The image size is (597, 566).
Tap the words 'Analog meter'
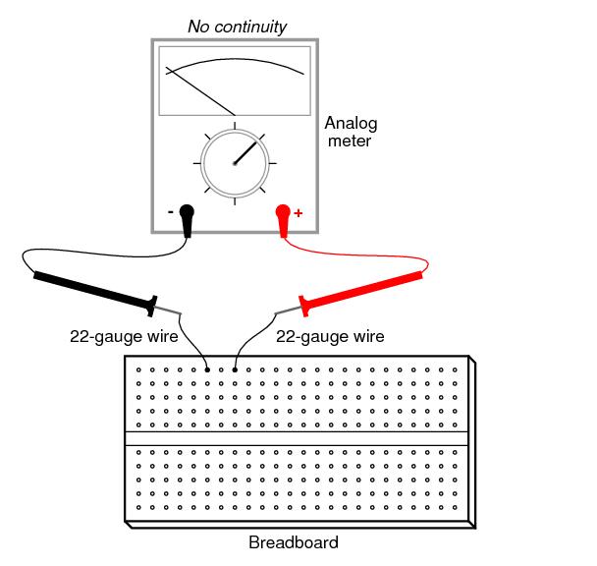pos(351,132)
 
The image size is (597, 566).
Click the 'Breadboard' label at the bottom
pos(293,542)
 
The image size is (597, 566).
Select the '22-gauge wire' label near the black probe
pos(123,336)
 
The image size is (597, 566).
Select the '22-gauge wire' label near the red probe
pos(330,336)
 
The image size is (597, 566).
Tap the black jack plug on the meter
pos(187,217)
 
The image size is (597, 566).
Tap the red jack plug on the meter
pos(283,217)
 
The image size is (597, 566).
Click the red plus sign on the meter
pos(298,212)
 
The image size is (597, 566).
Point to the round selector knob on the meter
pos(235,163)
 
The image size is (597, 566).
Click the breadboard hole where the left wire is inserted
pos(206,369)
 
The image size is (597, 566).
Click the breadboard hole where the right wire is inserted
pos(234,369)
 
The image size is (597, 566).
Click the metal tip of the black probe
pos(169,312)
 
